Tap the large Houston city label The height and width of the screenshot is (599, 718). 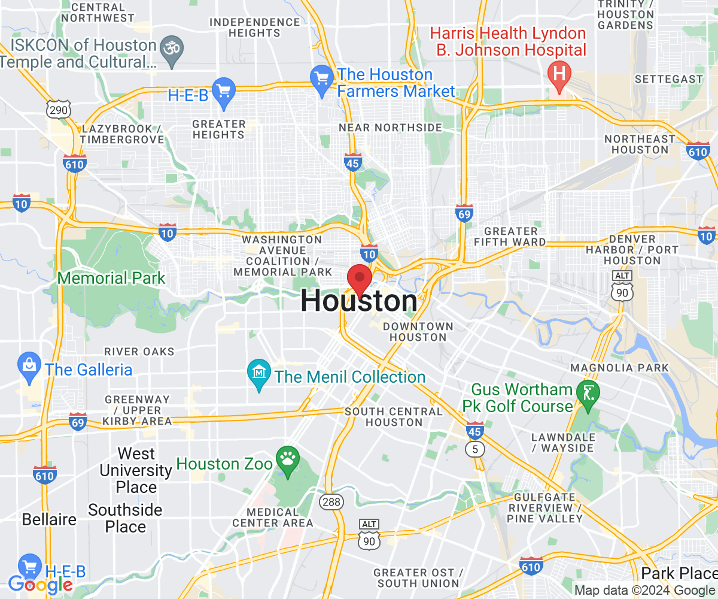point(359,301)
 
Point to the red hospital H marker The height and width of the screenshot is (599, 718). point(559,75)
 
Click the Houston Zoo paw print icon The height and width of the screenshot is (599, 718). point(287,460)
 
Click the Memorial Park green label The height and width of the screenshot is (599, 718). point(111,278)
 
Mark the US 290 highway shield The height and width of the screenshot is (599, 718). point(59,110)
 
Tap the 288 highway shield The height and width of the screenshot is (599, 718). point(331,501)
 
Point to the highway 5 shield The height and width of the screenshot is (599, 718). point(476,449)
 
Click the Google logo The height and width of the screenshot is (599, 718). point(41,584)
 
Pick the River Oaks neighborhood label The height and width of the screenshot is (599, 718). point(139,352)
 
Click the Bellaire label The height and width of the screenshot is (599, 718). point(49,519)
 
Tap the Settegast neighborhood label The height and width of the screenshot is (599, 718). point(668,79)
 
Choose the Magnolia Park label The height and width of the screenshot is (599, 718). point(620,367)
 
